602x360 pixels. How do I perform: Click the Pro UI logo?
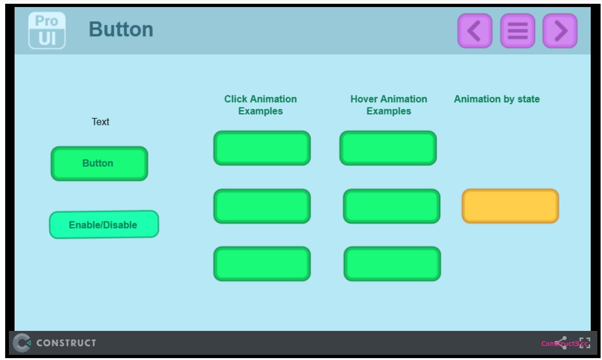[47, 31]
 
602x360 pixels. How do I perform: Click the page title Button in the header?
[121, 29]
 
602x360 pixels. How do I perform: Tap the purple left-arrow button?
[475, 31]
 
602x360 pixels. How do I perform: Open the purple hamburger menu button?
[517, 31]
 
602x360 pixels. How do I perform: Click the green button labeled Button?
[100, 164]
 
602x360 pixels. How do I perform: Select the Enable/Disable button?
[104, 225]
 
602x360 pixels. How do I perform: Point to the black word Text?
[100, 122]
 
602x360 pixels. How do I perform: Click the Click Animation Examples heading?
[261, 105]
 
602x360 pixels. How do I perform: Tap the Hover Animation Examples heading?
[389, 105]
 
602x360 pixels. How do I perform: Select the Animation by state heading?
[497, 99]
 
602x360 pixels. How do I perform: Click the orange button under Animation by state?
[510, 206]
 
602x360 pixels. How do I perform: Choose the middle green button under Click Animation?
[262, 206]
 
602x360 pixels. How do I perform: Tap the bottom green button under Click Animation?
[262, 264]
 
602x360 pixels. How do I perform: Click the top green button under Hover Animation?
[388, 148]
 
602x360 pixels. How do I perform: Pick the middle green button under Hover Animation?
[392, 206]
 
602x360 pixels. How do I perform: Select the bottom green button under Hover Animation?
[392, 264]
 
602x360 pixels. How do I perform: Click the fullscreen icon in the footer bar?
[585, 343]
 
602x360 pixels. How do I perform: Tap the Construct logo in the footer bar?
[54, 343]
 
